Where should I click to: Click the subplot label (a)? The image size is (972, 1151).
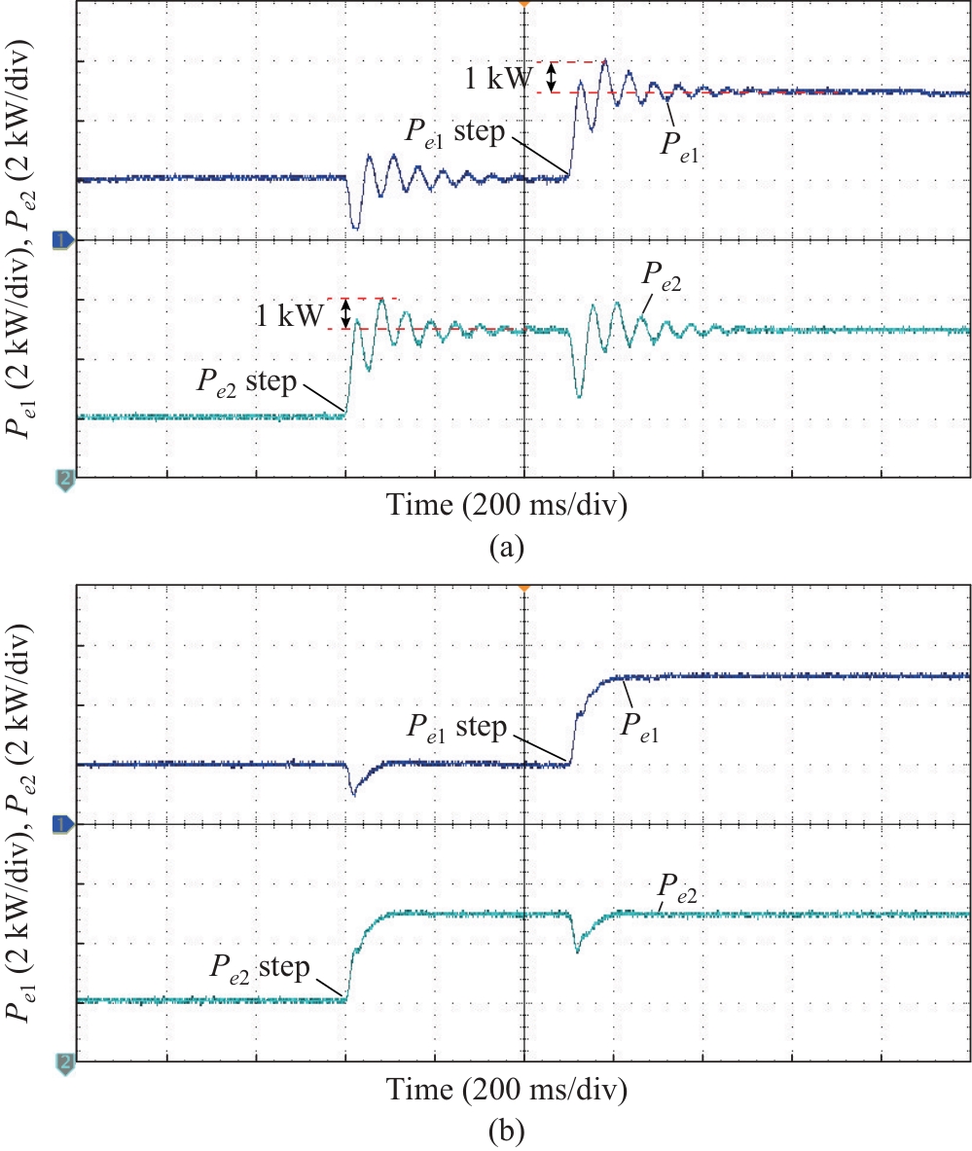point(507,548)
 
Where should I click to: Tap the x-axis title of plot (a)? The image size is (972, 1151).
point(506,505)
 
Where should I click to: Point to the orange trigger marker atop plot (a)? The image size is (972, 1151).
point(524,4)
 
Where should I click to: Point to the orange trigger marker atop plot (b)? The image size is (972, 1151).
point(524,587)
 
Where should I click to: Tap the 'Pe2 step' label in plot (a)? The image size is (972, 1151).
point(247,382)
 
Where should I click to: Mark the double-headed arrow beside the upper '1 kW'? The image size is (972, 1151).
point(552,77)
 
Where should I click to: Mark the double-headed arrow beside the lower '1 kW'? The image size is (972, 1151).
point(345,313)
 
